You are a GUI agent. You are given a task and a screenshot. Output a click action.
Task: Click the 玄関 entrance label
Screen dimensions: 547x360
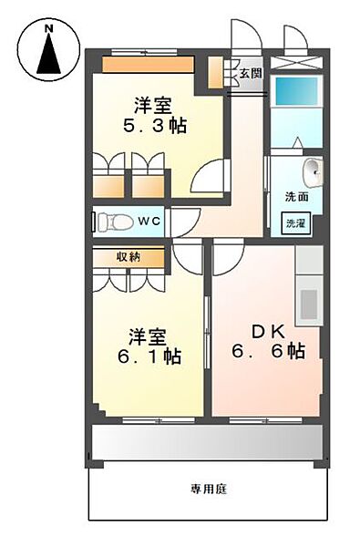tap(251, 73)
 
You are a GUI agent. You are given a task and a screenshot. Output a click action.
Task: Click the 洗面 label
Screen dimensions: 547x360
tap(295, 196)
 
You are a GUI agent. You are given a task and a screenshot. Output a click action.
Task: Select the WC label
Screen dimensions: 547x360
tap(149, 221)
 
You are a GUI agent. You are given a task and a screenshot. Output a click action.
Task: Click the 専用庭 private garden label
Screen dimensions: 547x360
tap(209, 490)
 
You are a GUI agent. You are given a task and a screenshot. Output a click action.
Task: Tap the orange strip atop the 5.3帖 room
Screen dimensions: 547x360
tap(147, 65)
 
